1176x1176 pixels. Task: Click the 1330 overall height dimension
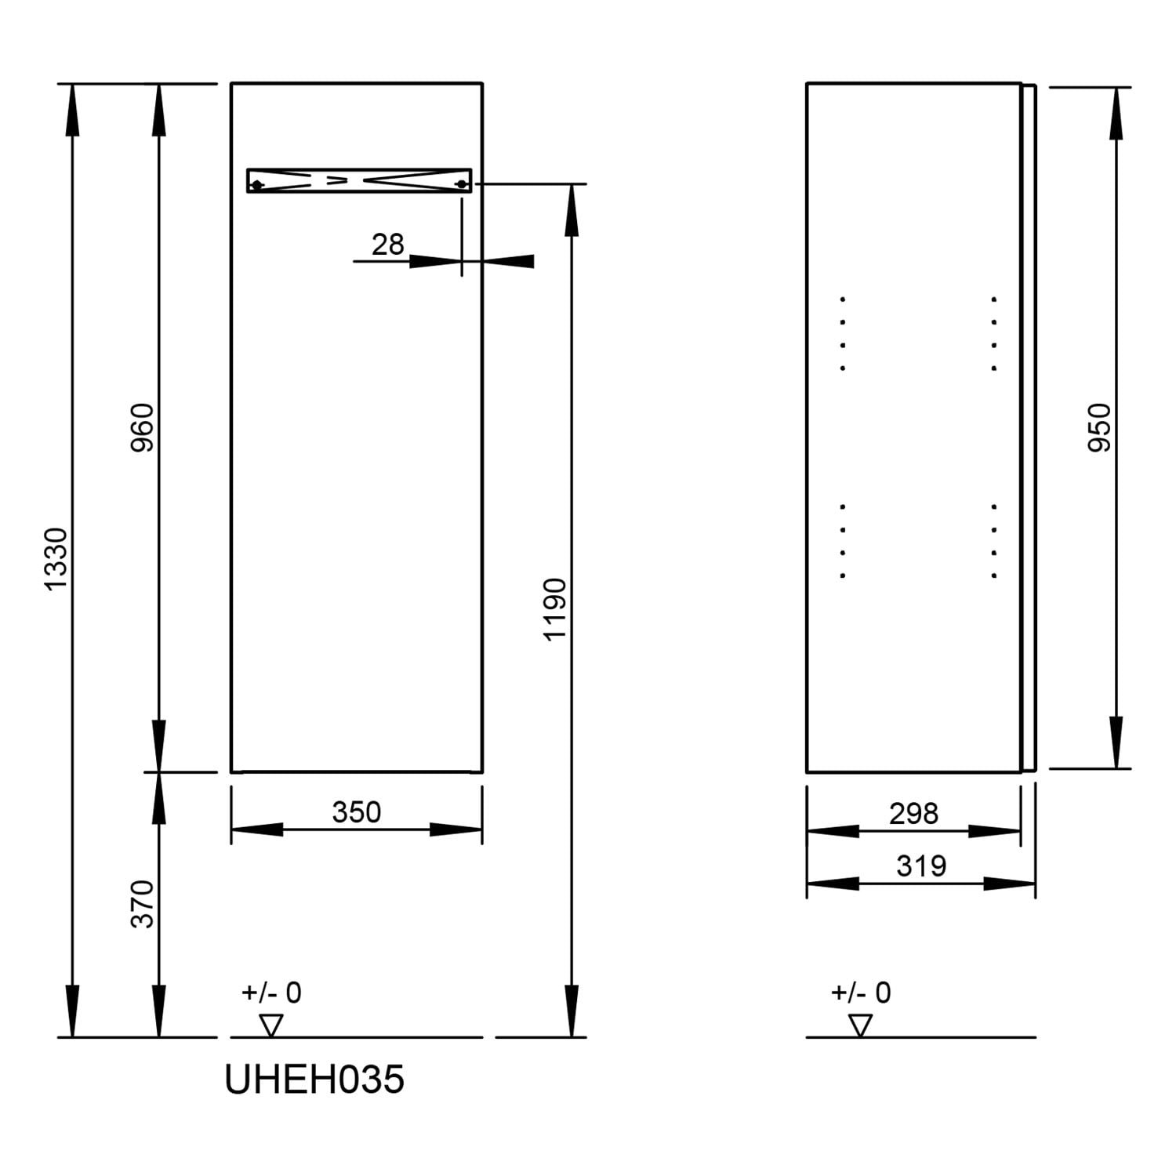(x=56, y=559)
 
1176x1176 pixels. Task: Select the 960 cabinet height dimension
(x=143, y=427)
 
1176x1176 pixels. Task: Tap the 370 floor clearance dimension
(x=143, y=904)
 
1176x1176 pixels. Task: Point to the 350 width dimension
(x=357, y=812)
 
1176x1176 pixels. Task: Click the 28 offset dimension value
(x=387, y=245)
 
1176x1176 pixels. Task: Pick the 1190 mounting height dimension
(x=555, y=609)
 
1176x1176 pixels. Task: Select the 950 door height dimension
(x=1100, y=427)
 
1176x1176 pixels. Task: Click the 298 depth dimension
(x=913, y=814)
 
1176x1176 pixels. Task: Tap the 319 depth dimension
(x=921, y=866)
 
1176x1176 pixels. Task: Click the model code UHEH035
(x=314, y=1080)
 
